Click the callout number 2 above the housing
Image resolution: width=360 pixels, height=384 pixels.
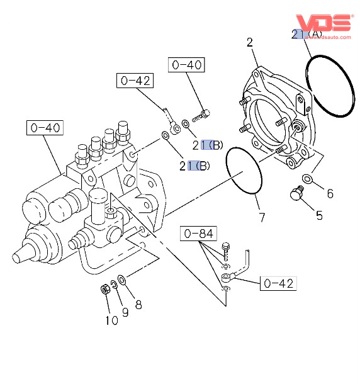(x=250, y=43)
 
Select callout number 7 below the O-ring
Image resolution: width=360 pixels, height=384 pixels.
(x=262, y=217)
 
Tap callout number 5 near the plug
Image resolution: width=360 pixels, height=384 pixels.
(x=319, y=215)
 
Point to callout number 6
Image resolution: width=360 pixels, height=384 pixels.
(x=330, y=194)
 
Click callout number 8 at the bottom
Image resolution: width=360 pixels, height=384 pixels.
(x=138, y=305)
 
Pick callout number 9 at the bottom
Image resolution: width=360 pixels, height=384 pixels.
(x=125, y=312)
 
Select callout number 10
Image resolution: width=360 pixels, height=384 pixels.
(x=111, y=320)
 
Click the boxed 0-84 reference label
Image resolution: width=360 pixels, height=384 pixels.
(x=198, y=234)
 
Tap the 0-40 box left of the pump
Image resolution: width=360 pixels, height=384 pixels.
(x=45, y=128)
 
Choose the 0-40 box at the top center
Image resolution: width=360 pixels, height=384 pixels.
(x=186, y=65)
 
